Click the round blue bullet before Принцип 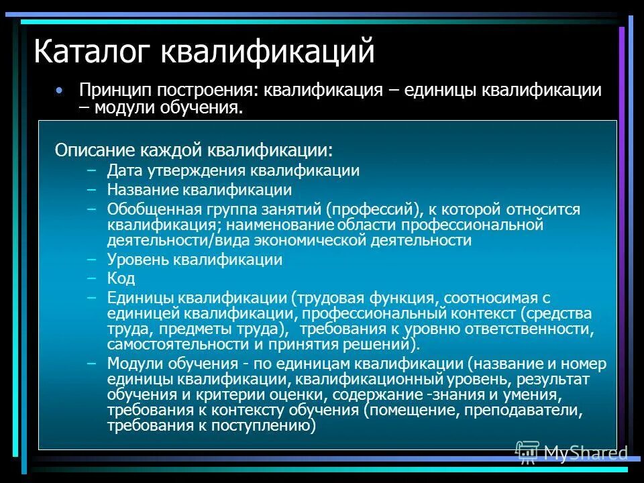click(x=60, y=89)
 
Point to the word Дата click(x=123, y=170)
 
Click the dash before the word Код click(x=92, y=278)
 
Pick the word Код click(x=121, y=278)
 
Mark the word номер click(x=586, y=364)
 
